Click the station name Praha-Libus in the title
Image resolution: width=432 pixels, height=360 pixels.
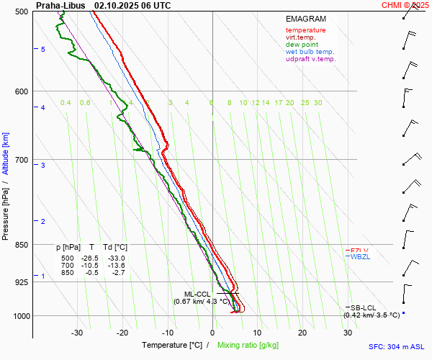tap(61, 5)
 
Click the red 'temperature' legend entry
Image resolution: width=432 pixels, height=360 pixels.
tap(305, 30)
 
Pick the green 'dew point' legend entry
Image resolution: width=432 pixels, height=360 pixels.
tap(302, 45)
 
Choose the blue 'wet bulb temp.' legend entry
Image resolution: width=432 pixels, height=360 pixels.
tap(310, 52)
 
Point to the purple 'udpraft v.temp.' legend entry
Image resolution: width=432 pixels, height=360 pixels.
tap(310, 59)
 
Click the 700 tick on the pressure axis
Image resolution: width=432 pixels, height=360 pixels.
tap(20, 160)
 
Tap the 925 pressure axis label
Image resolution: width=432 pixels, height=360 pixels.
tap(20, 282)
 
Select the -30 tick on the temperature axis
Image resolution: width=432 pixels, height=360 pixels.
tap(77, 333)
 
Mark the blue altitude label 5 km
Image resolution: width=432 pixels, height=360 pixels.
tap(43, 49)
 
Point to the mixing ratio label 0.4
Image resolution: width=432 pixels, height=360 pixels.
tap(66, 103)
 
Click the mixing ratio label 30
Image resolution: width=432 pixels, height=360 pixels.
tap(318, 103)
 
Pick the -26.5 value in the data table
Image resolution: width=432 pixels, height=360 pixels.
tap(90, 258)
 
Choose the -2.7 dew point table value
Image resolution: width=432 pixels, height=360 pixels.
tap(117, 273)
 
